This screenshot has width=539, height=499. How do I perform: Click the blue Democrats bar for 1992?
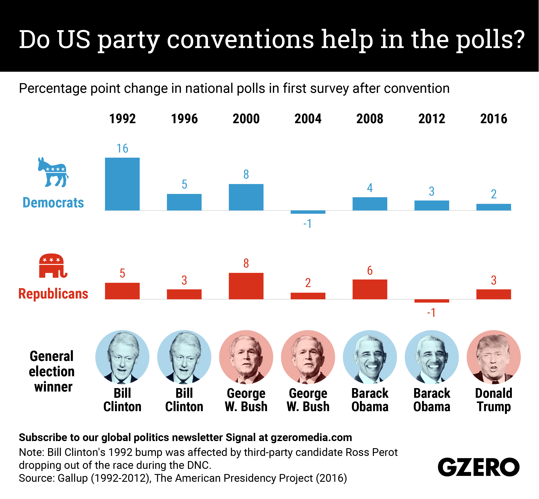pos(122,184)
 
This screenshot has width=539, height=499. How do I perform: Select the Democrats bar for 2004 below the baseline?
pos(308,212)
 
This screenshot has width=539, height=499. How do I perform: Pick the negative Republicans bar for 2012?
pos(431,301)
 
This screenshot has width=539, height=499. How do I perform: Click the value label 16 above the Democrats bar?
pos(122,149)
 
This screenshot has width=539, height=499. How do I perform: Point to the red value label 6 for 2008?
pos(370,270)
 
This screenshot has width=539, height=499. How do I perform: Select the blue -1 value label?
pos(308,224)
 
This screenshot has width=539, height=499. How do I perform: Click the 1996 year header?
pos(184,119)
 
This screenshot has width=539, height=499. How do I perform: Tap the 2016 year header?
pos(494,119)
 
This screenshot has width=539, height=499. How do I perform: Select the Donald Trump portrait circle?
pos(493,357)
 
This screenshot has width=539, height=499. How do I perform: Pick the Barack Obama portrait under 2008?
pos(370,357)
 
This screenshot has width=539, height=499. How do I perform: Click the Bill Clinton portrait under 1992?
pos(122,357)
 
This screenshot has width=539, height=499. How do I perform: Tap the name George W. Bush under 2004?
pos(308,400)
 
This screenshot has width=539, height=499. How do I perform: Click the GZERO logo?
pos(478,467)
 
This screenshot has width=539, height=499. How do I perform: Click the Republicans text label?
pos(53,294)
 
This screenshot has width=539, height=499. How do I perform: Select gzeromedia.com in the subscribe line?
pos(311,437)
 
